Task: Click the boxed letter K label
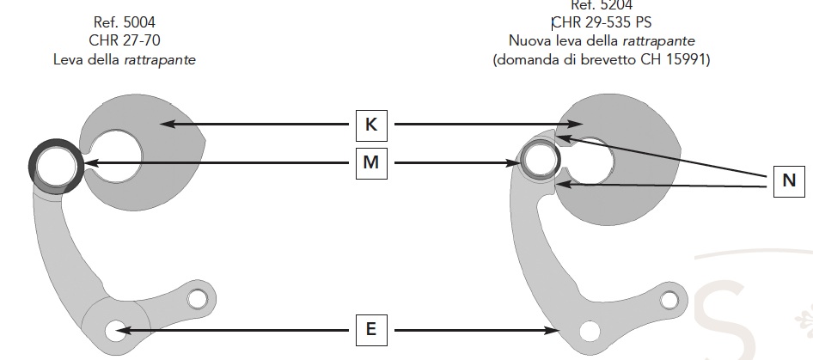[x=371, y=125]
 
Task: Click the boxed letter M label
[x=371, y=162]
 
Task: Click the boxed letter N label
[x=789, y=181]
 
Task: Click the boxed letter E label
[x=371, y=329]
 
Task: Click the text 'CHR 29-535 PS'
[x=600, y=23]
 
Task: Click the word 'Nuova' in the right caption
[x=528, y=41]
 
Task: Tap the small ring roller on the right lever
[x=541, y=159]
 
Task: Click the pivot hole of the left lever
[x=113, y=330]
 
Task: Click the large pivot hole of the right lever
[x=590, y=330]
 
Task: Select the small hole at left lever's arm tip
[x=198, y=298]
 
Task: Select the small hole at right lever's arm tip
[x=668, y=300]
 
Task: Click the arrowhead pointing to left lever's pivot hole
[x=123, y=330]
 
